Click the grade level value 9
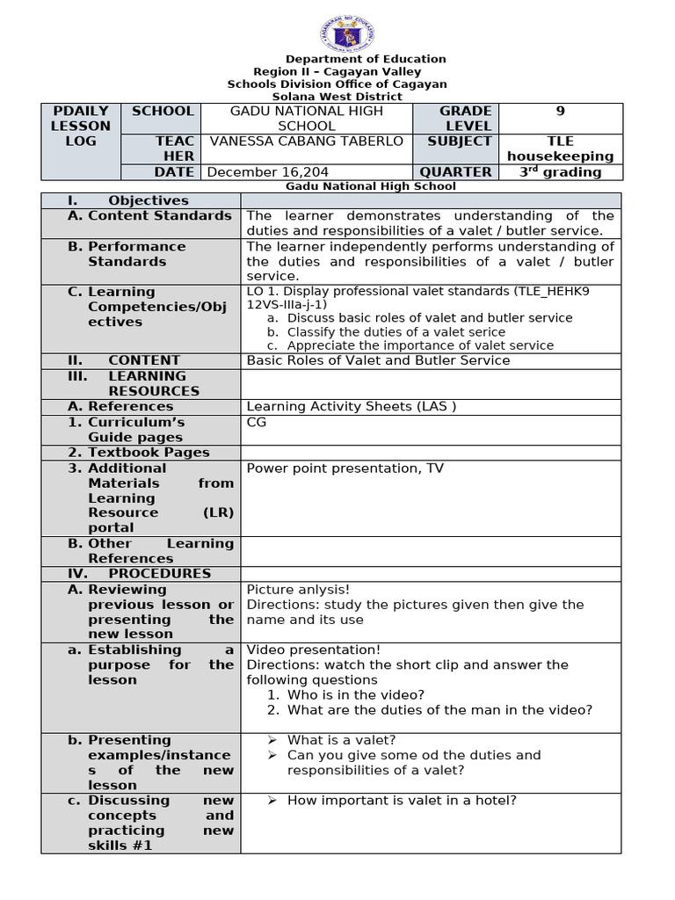(560, 112)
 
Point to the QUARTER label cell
(455, 172)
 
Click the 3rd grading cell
(560, 172)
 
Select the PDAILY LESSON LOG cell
(81, 126)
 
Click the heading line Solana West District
(337, 97)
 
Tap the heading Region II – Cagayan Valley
(337, 71)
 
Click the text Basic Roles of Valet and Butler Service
(378, 360)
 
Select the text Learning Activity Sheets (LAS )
(352, 406)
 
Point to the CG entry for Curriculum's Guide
(257, 422)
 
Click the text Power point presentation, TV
(345, 468)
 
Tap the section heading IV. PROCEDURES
(140, 574)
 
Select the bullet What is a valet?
(341, 740)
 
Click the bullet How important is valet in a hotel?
(402, 800)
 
